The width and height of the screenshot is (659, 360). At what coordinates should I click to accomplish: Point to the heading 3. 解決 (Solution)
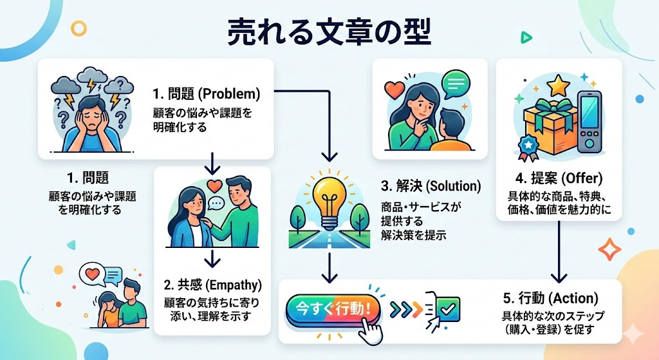[x=431, y=187]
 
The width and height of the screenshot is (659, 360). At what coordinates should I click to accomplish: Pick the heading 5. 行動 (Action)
[x=550, y=299]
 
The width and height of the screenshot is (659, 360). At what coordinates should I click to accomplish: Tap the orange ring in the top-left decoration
[x=79, y=28]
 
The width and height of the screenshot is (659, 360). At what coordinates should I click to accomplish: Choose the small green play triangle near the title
[x=526, y=38]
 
